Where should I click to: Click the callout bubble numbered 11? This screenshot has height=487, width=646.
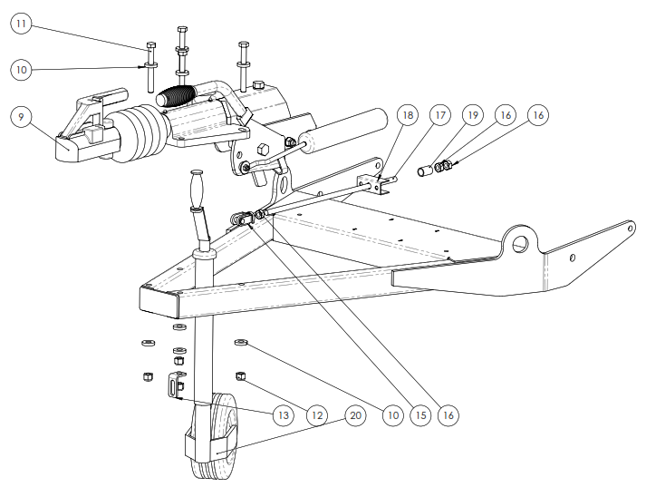(x=21, y=24)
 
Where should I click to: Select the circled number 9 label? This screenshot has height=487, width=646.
(x=21, y=117)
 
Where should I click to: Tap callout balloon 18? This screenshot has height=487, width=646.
(x=408, y=114)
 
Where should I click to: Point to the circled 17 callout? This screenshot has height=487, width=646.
(x=440, y=114)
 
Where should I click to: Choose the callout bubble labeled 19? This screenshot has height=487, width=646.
(x=473, y=114)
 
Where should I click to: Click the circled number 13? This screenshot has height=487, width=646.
(x=284, y=414)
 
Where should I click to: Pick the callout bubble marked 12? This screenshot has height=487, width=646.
(x=317, y=414)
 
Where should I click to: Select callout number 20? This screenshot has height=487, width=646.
(x=355, y=414)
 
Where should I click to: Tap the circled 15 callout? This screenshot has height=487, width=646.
(x=420, y=414)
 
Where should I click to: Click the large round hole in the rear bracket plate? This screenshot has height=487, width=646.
(x=520, y=244)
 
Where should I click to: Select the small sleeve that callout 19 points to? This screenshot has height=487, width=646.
(x=425, y=170)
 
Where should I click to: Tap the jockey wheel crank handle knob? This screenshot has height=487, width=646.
(x=196, y=188)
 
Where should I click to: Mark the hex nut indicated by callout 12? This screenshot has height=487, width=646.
(x=240, y=375)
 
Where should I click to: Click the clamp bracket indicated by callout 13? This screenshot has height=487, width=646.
(x=176, y=385)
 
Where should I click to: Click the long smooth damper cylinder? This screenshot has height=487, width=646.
(x=342, y=129)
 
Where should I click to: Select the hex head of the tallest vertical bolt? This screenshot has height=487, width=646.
(x=182, y=30)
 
